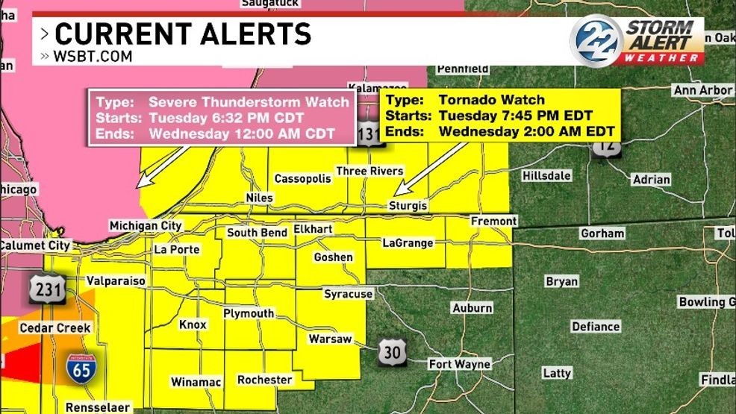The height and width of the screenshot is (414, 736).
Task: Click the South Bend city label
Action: point(257,233)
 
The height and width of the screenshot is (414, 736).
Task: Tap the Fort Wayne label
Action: point(459,364)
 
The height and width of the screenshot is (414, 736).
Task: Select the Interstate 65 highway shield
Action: point(79,368)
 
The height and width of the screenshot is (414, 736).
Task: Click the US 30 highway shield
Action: point(391,352)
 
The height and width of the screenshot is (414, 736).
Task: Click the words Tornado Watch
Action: point(491,100)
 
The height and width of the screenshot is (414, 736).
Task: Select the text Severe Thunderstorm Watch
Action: point(249,102)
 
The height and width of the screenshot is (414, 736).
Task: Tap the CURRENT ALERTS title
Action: point(182,34)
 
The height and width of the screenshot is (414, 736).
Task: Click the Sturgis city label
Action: point(409,205)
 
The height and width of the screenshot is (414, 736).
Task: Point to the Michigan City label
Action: point(145,225)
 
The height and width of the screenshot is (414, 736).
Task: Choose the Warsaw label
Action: point(330,339)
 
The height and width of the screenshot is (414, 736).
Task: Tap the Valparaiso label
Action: point(115,281)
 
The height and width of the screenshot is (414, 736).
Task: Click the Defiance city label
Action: point(595,327)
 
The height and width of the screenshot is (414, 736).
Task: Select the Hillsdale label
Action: point(546,175)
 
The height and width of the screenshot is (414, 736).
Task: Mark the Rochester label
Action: point(264,380)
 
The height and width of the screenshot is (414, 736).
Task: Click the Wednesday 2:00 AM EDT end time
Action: point(526,131)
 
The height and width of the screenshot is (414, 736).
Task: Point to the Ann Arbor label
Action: point(702,90)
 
